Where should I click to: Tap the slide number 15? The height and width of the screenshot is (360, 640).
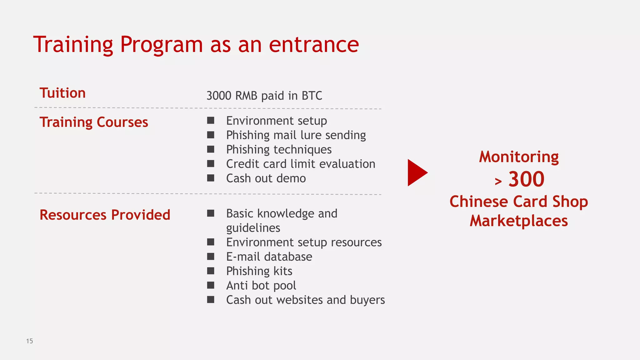pyautogui.click(x=29, y=341)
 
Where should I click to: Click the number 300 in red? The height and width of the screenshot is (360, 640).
pyautogui.click(x=526, y=179)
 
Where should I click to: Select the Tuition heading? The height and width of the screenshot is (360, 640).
pyautogui.click(x=62, y=93)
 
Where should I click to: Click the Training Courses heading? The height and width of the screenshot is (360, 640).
pyautogui.click(x=94, y=122)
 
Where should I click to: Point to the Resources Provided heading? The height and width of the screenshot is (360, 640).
pyautogui.click(x=105, y=215)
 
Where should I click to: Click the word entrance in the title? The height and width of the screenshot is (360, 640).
pyautogui.click(x=314, y=44)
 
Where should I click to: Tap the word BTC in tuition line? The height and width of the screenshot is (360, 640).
pyautogui.click(x=312, y=96)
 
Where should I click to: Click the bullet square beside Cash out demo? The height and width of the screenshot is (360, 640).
pyautogui.click(x=211, y=178)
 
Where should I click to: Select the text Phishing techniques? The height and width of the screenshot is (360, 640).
pyautogui.click(x=279, y=150)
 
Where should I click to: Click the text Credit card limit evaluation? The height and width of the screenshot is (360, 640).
pyautogui.click(x=301, y=164)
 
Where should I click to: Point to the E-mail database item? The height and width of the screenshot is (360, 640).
pyautogui.click(x=269, y=257)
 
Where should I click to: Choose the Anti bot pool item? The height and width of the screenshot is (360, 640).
pyautogui.click(x=261, y=286)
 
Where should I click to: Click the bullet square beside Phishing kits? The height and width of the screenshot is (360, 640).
pyautogui.click(x=211, y=271)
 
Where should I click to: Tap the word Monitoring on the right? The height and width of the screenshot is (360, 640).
pyautogui.click(x=519, y=157)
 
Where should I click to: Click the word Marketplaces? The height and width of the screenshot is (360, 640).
pyautogui.click(x=519, y=221)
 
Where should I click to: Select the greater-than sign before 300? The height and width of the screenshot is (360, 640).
pyautogui.click(x=498, y=181)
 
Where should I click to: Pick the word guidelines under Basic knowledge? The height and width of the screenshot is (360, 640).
pyautogui.click(x=253, y=228)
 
